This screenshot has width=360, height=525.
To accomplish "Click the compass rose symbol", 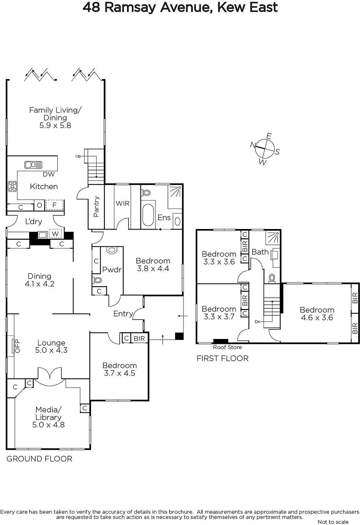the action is coord(265,149).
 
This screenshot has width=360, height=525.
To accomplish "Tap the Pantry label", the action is coord(96,206).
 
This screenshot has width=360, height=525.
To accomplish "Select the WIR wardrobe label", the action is coord(123,203).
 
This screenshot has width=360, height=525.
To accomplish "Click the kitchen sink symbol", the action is coord(33,165).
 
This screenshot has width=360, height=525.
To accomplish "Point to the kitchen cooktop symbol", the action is coord(12,186).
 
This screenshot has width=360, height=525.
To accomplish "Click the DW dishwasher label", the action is coord(49,174).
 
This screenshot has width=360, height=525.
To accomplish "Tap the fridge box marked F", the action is coord(54,205).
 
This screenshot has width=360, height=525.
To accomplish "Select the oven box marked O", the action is coord(39,205).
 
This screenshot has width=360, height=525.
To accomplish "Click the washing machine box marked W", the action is coord(55,234).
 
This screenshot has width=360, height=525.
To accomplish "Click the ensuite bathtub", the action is coord(148,215).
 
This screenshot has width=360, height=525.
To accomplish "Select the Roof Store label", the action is coord(228,347).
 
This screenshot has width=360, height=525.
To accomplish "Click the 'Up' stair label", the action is coord(78,156).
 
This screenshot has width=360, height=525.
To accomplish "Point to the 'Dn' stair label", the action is coord(258,322).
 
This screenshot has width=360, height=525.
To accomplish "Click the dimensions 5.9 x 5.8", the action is coord(55,125).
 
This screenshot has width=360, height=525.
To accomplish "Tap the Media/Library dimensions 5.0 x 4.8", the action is coord(49,425).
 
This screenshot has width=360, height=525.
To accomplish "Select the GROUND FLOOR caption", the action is coord(39,459).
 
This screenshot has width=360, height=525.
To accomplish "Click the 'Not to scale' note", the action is coord(333,522).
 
